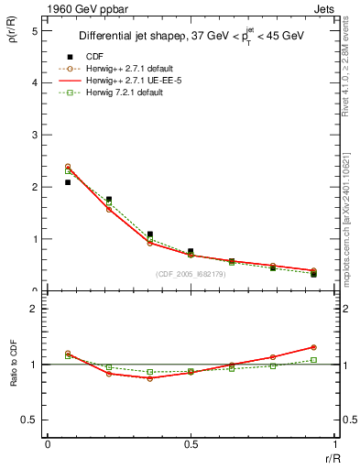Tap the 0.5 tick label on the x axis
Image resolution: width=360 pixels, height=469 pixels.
click(x=191, y=443)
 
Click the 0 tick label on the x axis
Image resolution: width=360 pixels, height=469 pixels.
click(x=48, y=443)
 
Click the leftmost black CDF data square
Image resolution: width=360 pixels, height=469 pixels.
click(x=68, y=182)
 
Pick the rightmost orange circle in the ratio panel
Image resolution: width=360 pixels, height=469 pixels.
click(x=313, y=347)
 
